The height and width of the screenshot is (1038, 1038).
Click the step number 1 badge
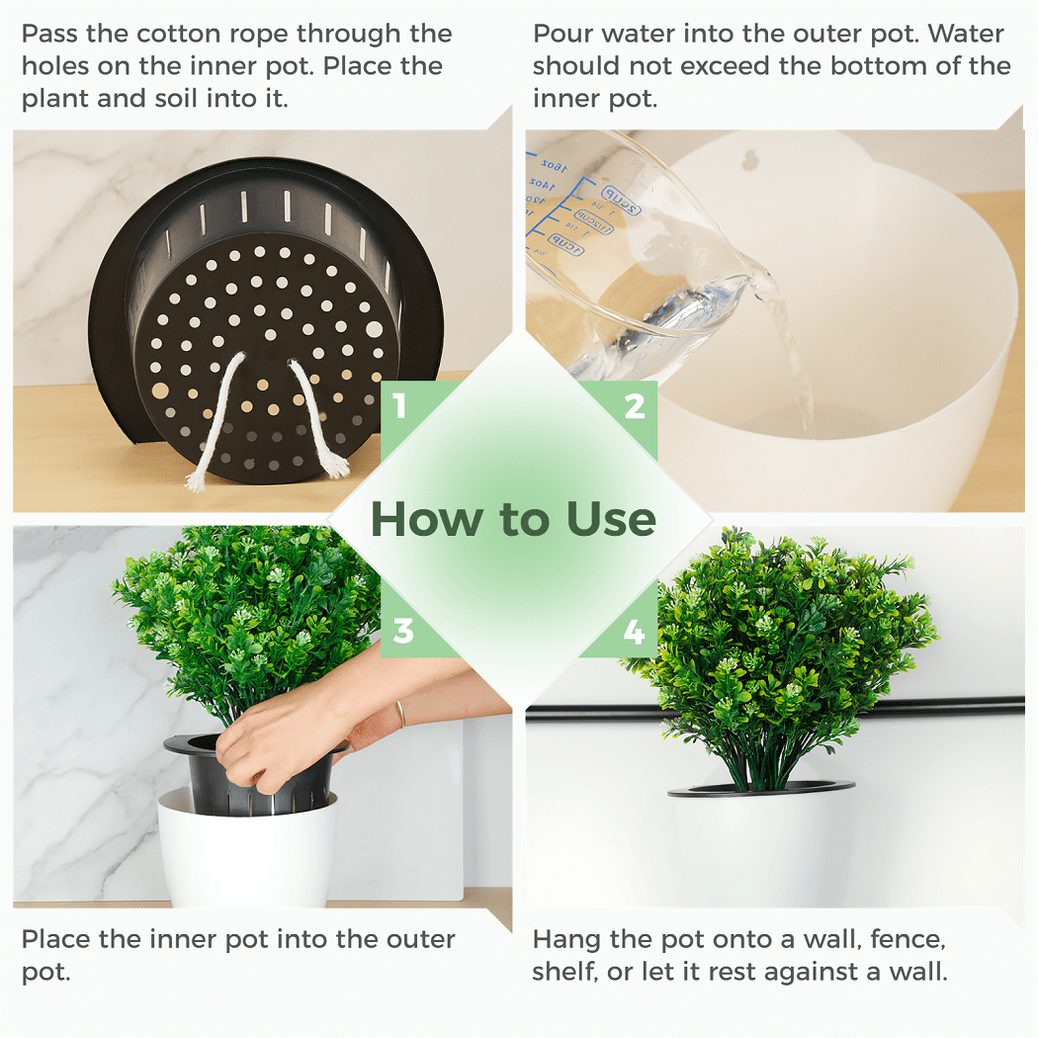pyautogui.click(x=400, y=406)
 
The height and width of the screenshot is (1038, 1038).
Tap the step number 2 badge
pyautogui.click(x=635, y=406)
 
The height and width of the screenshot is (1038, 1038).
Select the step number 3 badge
pyautogui.click(x=402, y=631)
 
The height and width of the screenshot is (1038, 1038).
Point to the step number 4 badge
pyautogui.click(x=635, y=631)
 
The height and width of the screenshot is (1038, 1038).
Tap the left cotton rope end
pyautogui.click(x=196, y=481)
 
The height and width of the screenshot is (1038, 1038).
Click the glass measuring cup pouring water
pyautogui.click(x=633, y=267)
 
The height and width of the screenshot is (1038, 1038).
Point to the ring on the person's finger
pyautogui.click(x=399, y=713)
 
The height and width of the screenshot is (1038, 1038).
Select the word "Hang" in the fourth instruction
pyautogui.click(x=563, y=939)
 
